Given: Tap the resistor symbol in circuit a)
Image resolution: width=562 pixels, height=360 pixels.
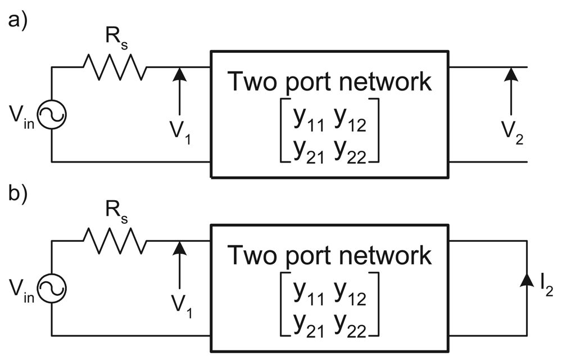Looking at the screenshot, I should [x=115, y=68].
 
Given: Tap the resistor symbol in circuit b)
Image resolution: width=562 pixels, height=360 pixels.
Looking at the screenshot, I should [x=115, y=242].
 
